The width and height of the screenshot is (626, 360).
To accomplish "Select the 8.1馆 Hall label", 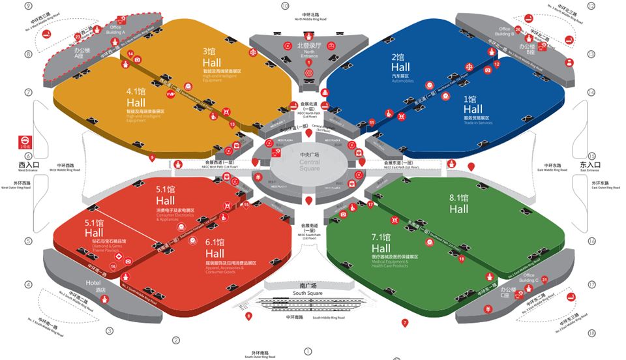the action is click(x=459, y=203).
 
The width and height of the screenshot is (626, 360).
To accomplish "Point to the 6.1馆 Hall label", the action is click(x=215, y=248).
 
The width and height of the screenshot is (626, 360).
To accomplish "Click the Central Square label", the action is click(x=310, y=162).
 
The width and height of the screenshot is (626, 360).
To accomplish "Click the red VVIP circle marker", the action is click(x=171, y=94).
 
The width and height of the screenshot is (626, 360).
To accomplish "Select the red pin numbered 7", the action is click(x=404, y=322).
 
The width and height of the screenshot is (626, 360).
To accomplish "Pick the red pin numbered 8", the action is click(x=248, y=316).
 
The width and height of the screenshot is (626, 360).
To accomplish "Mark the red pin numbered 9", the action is click(x=153, y=157).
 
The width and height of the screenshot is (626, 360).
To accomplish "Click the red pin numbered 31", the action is click(x=544, y=280).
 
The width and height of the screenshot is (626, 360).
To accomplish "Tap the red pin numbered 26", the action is click(x=518, y=29).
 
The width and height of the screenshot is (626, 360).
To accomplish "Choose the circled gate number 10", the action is click(x=285, y=6).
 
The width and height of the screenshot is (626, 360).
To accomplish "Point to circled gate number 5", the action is click(x=28, y=241).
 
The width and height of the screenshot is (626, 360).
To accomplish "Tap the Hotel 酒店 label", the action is click(x=96, y=286).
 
